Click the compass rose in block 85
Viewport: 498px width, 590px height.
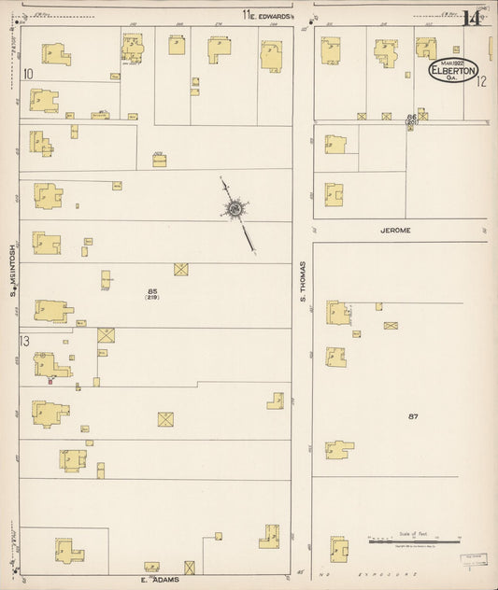pyautogui.click(x=233, y=208)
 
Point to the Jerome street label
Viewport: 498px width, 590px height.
pyautogui.click(x=396, y=228)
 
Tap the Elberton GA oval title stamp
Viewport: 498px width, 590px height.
pyautogui.click(x=453, y=71)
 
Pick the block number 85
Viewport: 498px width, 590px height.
pyautogui.click(x=151, y=291)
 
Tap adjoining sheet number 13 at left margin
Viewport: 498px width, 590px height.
pyautogui.click(x=25, y=340)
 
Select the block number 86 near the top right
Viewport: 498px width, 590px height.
pyautogui.click(x=410, y=116)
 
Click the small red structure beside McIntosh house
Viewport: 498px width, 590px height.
pyautogui.click(x=50, y=378)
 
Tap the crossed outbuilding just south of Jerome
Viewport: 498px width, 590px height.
pyautogui.click(x=391, y=326)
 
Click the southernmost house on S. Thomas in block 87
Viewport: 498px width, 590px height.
pyautogui.click(x=338, y=548)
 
